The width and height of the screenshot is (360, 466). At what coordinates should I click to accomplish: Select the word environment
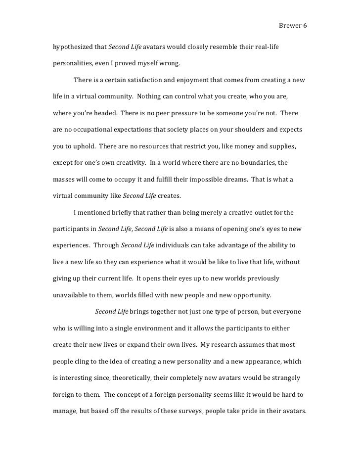pyautogui.click(x=187, y=328)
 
